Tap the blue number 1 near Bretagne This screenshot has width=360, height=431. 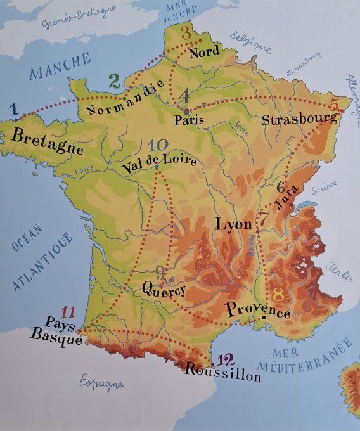tap(15, 110)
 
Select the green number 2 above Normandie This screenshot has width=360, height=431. tap(114, 80)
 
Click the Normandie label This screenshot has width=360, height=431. tap(120, 100)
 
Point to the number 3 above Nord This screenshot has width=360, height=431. tap(185, 33)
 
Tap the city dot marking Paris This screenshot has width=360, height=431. tap(184, 110)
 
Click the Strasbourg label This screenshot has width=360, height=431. tap(299, 119)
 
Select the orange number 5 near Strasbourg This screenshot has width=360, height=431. tap(335, 103)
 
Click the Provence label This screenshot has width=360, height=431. tap(257, 310)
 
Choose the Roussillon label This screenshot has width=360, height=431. tap(223, 373)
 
